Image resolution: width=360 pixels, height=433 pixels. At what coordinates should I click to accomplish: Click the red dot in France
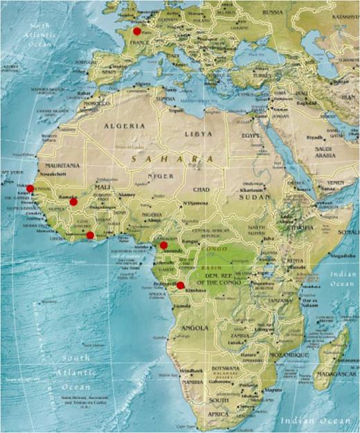[x=136, y=31]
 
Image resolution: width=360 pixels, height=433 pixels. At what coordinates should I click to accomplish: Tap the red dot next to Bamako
[x=73, y=202]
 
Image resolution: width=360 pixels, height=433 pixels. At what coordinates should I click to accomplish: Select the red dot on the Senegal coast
[x=30, y=188]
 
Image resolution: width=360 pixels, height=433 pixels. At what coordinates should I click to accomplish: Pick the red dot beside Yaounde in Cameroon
[x=163, y=245]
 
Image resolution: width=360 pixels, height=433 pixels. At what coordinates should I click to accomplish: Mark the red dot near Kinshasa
[x=181, y=285]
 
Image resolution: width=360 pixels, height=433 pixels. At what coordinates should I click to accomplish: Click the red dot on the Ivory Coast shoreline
[x=90, y=236]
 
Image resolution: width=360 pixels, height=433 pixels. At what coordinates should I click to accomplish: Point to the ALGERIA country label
[x=124, y=126]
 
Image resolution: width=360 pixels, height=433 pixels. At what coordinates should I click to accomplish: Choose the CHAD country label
[x=201, y=189]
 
